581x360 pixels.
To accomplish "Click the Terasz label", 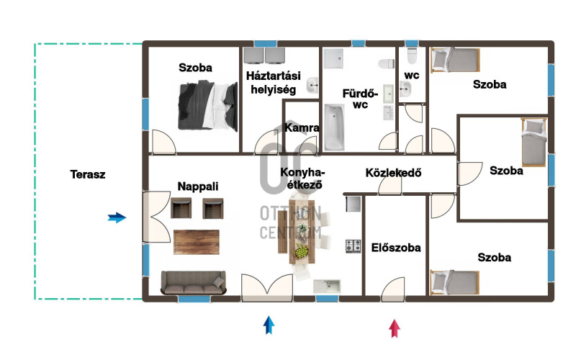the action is click(88, 174).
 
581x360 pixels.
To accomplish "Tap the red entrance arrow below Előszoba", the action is click(395, 328).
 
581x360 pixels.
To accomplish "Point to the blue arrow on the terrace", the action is click(117, 217).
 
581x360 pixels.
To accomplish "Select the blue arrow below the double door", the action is click(269, 325).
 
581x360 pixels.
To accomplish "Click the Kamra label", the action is click(302, 127).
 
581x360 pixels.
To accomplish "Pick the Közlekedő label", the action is click(393, 172).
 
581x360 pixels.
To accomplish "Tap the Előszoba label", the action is click(396, 247).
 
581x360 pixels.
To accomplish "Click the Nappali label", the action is click(198, 186).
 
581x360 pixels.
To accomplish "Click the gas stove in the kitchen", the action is click(353, 246).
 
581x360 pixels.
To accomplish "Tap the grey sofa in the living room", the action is click(193, 282).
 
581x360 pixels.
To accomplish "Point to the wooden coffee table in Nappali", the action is click(197, 242).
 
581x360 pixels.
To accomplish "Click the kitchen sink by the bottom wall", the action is click(327, 286).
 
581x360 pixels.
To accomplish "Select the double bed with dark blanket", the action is click(208, 107).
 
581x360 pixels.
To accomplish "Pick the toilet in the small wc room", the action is click(412, 55).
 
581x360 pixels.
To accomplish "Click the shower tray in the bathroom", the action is click(333, 58).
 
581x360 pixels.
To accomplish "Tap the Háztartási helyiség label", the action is click(274, 83).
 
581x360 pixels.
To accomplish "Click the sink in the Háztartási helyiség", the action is click(312, 85).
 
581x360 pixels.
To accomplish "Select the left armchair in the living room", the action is click(181, 208).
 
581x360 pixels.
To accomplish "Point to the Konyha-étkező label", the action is click(302, 179).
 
